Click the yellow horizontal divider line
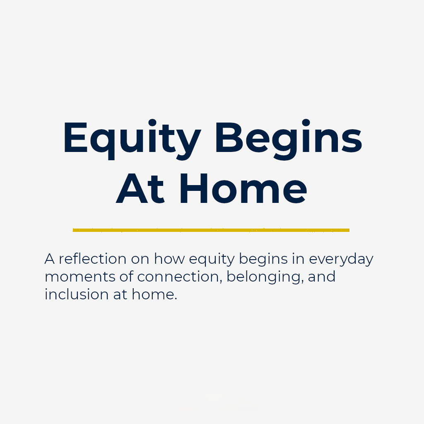[x=211, y=230]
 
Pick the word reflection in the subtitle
[x=92, y=259]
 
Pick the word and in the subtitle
[x=322, y=277]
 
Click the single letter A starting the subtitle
[x=49, y=259]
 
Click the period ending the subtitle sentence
[x=175, y=299]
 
